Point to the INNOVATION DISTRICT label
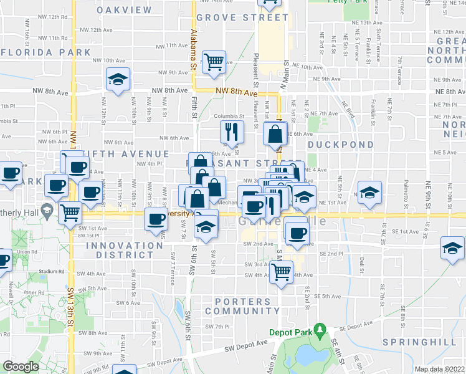pos(124,251)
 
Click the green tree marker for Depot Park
pos(320,328)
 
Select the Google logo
pos(21,366)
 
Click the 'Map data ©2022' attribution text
pos(439,369)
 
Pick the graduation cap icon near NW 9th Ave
pos(117,79)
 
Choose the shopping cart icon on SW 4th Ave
pos(282,271)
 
